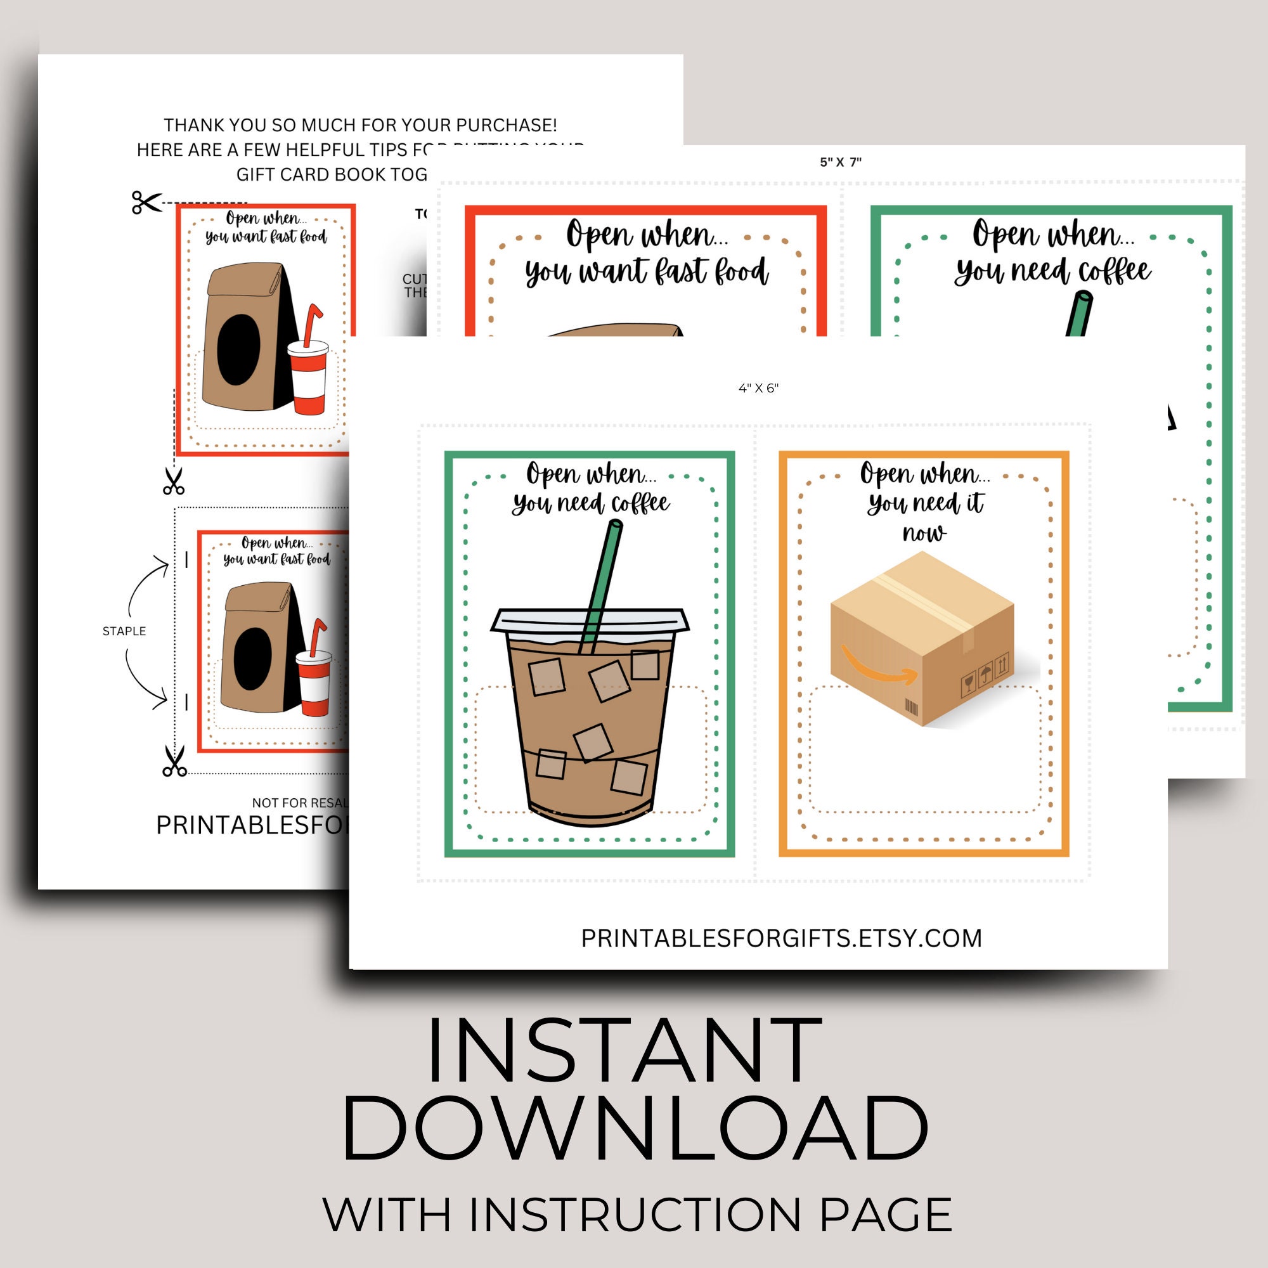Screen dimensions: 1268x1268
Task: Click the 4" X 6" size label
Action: tap(758, 388)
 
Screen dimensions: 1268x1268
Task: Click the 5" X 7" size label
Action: tap(840, 162)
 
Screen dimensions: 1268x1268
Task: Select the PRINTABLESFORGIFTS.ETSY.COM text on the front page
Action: tap(781, 938)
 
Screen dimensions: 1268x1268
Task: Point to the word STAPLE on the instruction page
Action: tap(124, 631)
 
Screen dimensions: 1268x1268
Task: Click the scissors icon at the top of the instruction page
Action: tap(146, 202)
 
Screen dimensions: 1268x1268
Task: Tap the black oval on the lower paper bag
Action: tap(253, 658)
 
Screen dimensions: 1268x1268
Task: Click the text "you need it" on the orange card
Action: tap(926, 503)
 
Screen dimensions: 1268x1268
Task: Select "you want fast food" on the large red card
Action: tap(647, 272)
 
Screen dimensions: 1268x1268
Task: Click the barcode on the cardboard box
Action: tap(912, 708)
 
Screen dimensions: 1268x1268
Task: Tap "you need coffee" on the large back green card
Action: tap(1052, 272)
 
